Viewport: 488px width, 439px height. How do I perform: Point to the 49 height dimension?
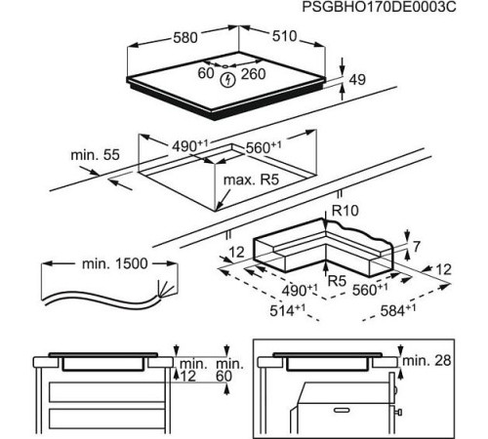pos(359,81)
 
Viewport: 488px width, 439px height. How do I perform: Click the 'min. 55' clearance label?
pos(94,156)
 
